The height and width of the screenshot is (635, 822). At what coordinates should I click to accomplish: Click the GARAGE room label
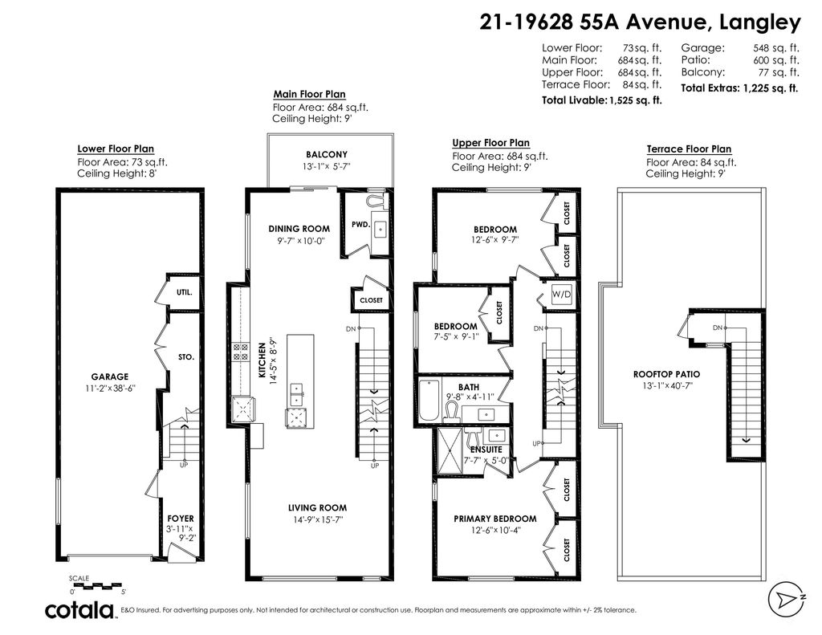pyautogui.click(x=110, y=376)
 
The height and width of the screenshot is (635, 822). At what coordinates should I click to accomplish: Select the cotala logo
pyautogui.click(x=79, y=610)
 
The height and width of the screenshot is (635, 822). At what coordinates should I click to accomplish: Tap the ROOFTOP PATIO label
pyautogui.click(x=666, y=374)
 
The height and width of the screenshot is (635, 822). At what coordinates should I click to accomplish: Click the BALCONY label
pyautogui.click(x=327, y=155)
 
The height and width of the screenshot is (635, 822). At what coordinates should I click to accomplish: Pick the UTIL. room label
pyautogui.click(x=185, y=293)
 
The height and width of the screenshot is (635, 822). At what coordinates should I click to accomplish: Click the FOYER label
pyautogui.click(x=181, y=519)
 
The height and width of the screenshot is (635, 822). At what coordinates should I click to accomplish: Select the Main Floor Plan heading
pyautogui.click(x=310, y=94)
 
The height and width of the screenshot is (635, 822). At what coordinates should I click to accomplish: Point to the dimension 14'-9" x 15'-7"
pyautogui.click(x=318, y=520)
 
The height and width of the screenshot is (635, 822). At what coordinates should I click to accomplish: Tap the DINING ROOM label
pyautogui.click(x=299, y=229)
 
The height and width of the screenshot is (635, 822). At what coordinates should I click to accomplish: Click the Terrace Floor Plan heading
pyautogui.click(x=689, y=149)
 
